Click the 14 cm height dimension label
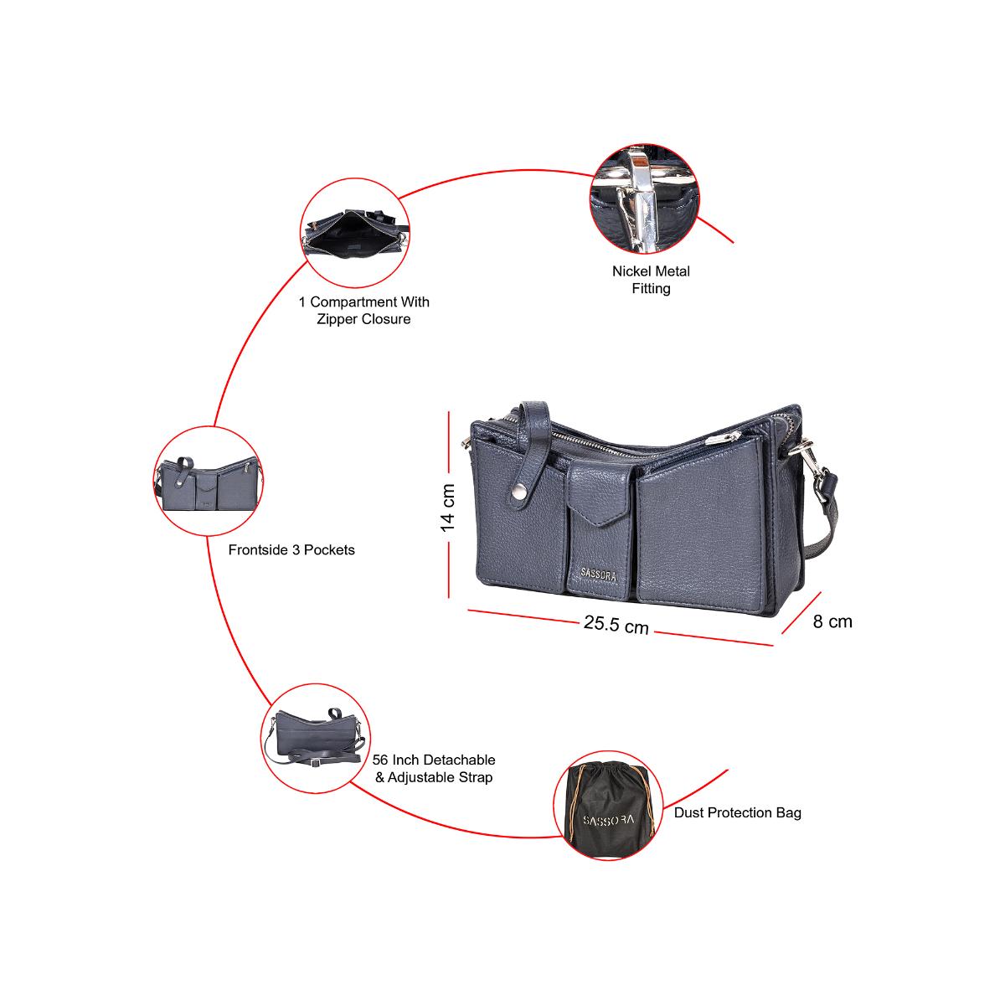(448, 508)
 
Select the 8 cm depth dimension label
(832, 621)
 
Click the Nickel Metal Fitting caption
(651, 280)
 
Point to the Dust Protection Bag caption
(737, 812)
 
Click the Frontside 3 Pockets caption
(291, 550)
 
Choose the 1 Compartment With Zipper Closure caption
(363, 311)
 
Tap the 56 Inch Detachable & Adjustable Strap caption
(434, 768)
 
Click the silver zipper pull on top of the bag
(719, 437)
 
